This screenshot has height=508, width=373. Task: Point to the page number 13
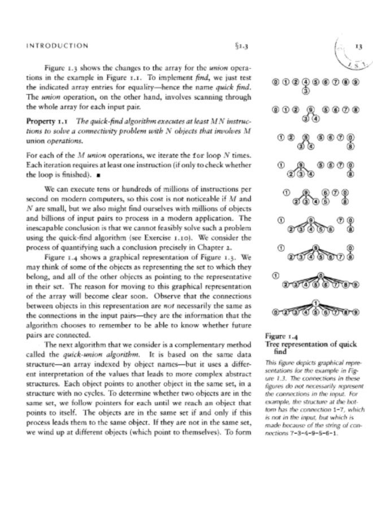358,47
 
